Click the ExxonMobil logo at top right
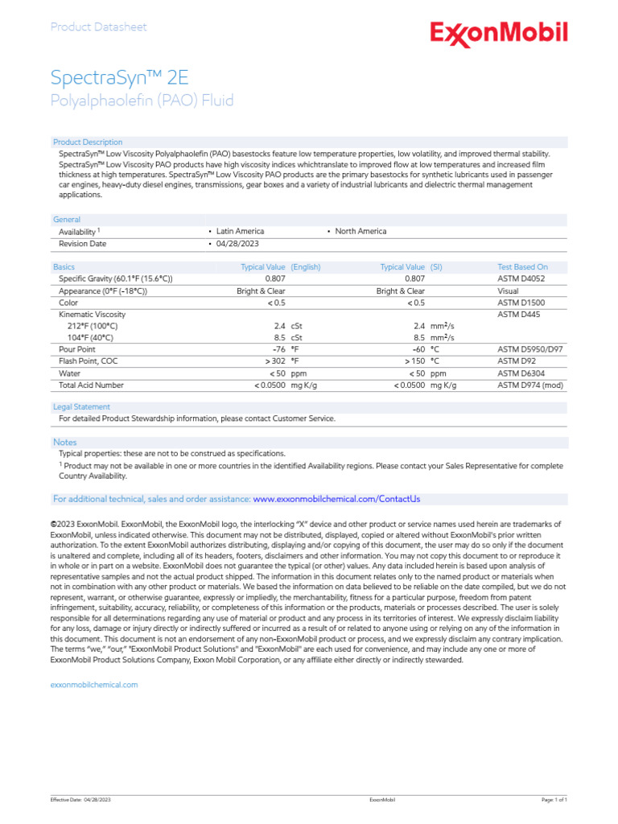coord(499,33)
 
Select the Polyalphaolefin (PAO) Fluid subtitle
coord(142,101)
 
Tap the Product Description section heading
coord(88,142)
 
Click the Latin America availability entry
coord(240,231)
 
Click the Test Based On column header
coord(522,266)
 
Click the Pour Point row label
coord(77,350)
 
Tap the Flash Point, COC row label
coord(89,362)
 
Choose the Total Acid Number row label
coord(91,386)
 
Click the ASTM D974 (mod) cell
coord(531,386)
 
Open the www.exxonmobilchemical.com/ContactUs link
coord(336,499)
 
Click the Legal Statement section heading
coord(81,407)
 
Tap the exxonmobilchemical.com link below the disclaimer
coord(94,685)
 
